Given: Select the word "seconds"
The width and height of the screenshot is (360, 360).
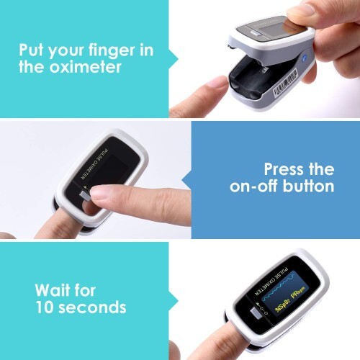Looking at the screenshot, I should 93,308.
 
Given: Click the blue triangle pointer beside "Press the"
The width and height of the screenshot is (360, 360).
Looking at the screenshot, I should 186,179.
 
